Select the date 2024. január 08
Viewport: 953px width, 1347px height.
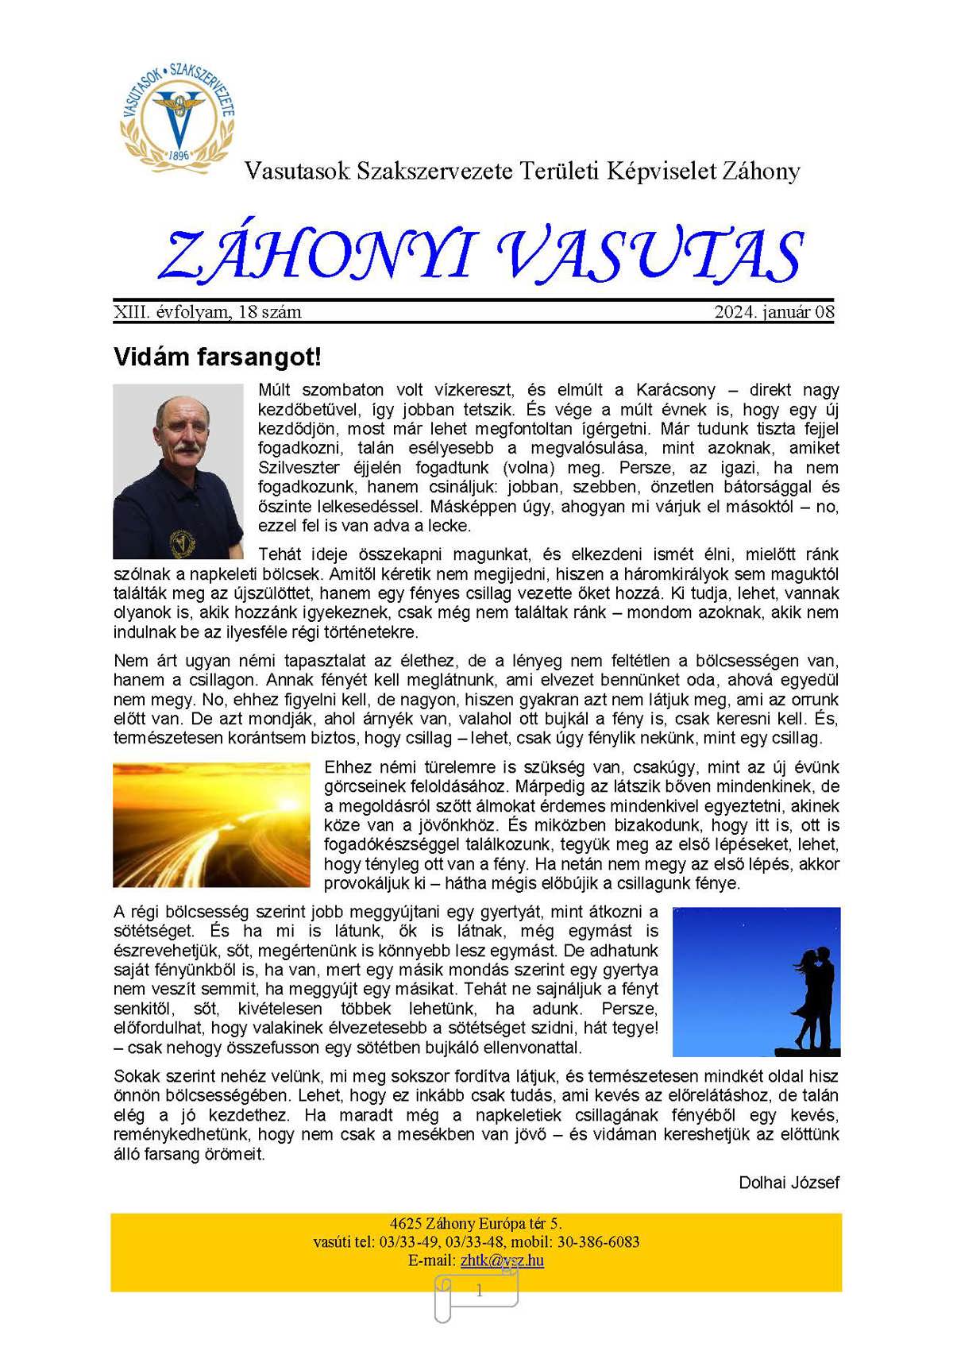(774, 312)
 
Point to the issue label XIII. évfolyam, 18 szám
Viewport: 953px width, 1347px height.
(207, 312)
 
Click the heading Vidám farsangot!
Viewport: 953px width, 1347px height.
(217, 357)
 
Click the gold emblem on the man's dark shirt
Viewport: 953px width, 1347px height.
(183, 543)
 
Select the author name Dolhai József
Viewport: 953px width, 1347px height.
(789, 1183)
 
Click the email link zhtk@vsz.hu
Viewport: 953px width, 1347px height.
(502, 1260)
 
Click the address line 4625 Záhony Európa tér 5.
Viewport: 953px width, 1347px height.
(476, 1224)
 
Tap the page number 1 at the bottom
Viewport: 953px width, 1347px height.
(479, 1291)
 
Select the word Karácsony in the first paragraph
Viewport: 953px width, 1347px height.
(675, 390)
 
